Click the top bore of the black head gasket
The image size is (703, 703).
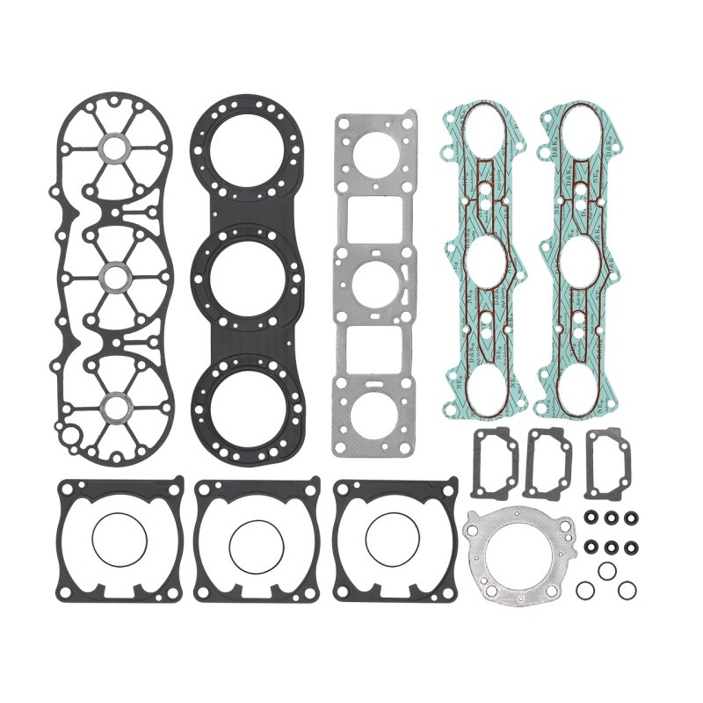click(x=248, y=145)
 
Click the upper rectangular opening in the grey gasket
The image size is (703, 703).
click(x=375, y=220)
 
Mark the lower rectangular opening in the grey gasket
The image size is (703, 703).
click(x=375, y=349)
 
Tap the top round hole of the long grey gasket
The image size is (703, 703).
click(x=375, y=157)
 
